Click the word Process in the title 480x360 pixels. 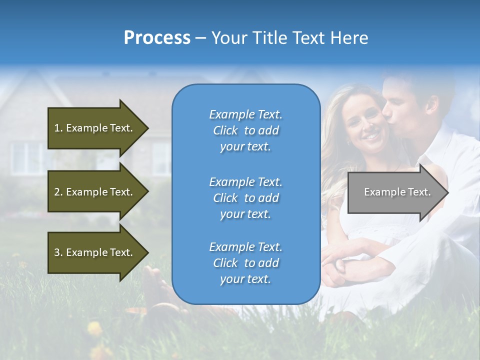click(157, 38)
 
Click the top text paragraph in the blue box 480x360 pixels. click(245, 130)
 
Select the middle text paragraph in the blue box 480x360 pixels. click(245, 198)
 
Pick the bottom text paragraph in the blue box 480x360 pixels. click(245, 263)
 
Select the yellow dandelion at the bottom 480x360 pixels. click(94, 328)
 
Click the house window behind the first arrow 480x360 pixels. click(25, 157)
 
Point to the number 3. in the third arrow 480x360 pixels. click(58, 252)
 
